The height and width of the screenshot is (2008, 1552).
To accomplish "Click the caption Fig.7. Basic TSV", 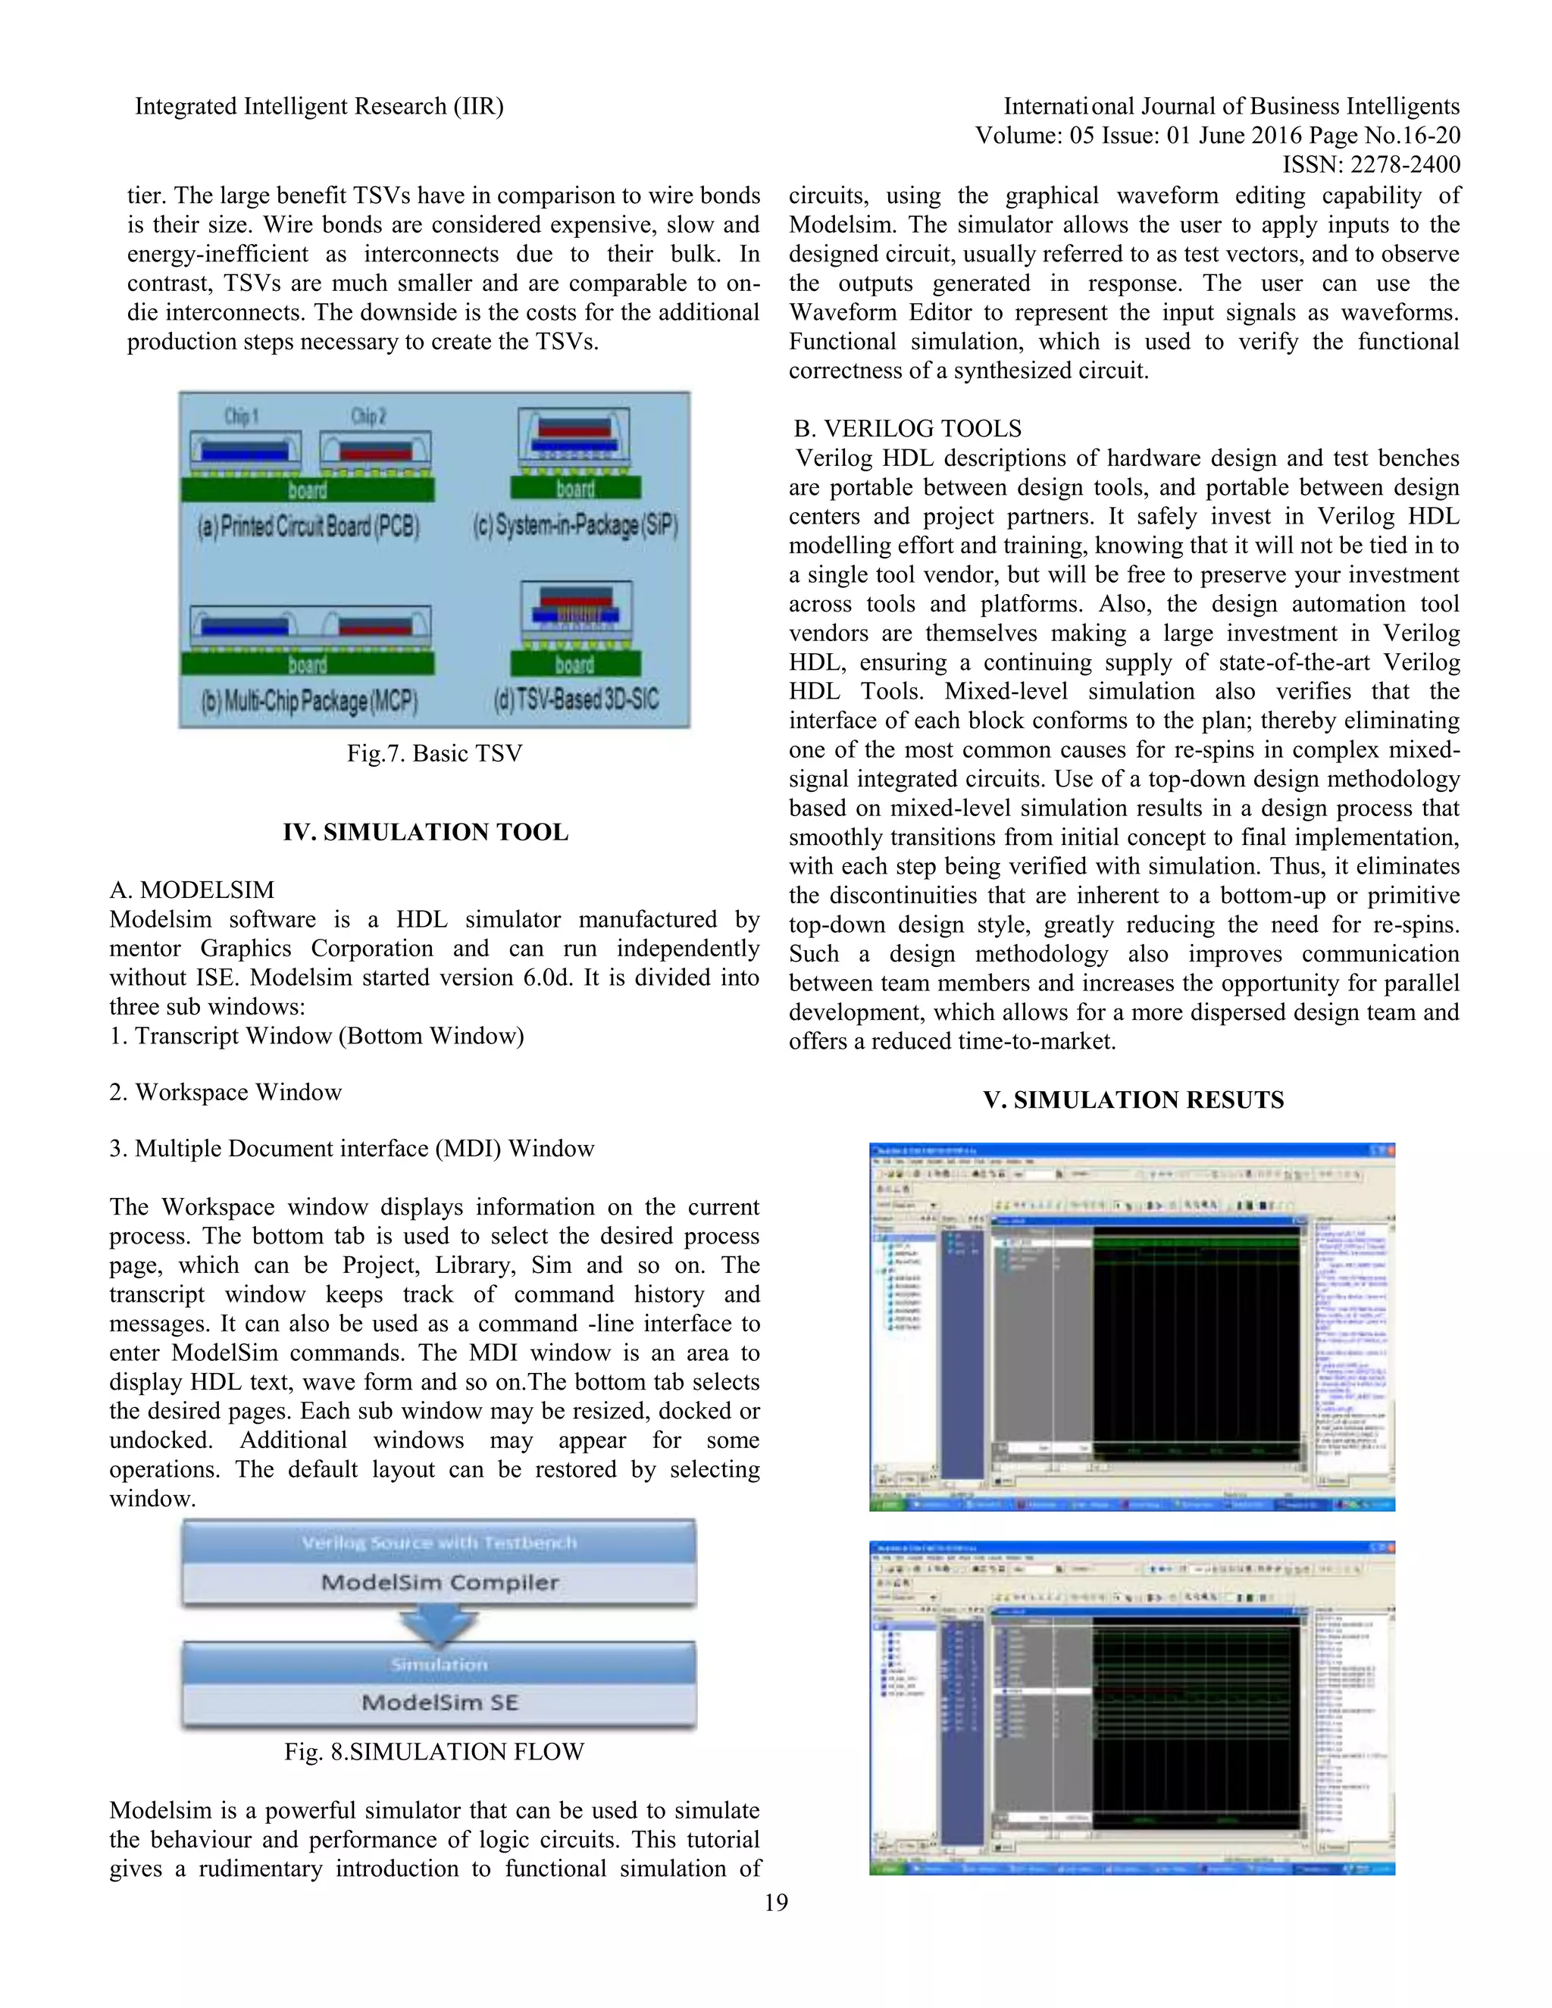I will point(434,753).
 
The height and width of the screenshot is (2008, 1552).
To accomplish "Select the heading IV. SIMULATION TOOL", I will point(425,832).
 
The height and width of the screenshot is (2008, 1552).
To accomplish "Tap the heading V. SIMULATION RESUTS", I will point(1133,1099).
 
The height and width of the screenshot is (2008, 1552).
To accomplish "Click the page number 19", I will point(776,1902).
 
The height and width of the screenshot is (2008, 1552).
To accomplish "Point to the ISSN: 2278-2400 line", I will point(1371,164).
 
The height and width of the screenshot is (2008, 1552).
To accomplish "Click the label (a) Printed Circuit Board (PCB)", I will point(308,526).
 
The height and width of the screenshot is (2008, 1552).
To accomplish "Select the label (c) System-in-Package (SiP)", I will point(576,526).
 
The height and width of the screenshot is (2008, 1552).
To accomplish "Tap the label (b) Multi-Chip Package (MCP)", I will point(309,702).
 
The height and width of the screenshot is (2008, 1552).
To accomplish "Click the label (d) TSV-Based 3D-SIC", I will point(576,699).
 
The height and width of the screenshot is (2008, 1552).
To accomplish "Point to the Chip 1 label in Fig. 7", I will point(242,417).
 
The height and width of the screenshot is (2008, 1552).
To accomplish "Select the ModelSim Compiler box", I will point(440,1582).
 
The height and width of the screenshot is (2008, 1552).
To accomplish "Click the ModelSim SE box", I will point(440,1702).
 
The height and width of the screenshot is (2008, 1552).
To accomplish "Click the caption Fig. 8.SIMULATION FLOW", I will point(434,1751).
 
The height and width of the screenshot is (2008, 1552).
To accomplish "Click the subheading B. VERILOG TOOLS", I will point(906,428).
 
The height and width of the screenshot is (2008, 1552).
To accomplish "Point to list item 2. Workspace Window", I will point(225,1092).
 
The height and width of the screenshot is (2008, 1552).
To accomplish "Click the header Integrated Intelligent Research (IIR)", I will point(319,107).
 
